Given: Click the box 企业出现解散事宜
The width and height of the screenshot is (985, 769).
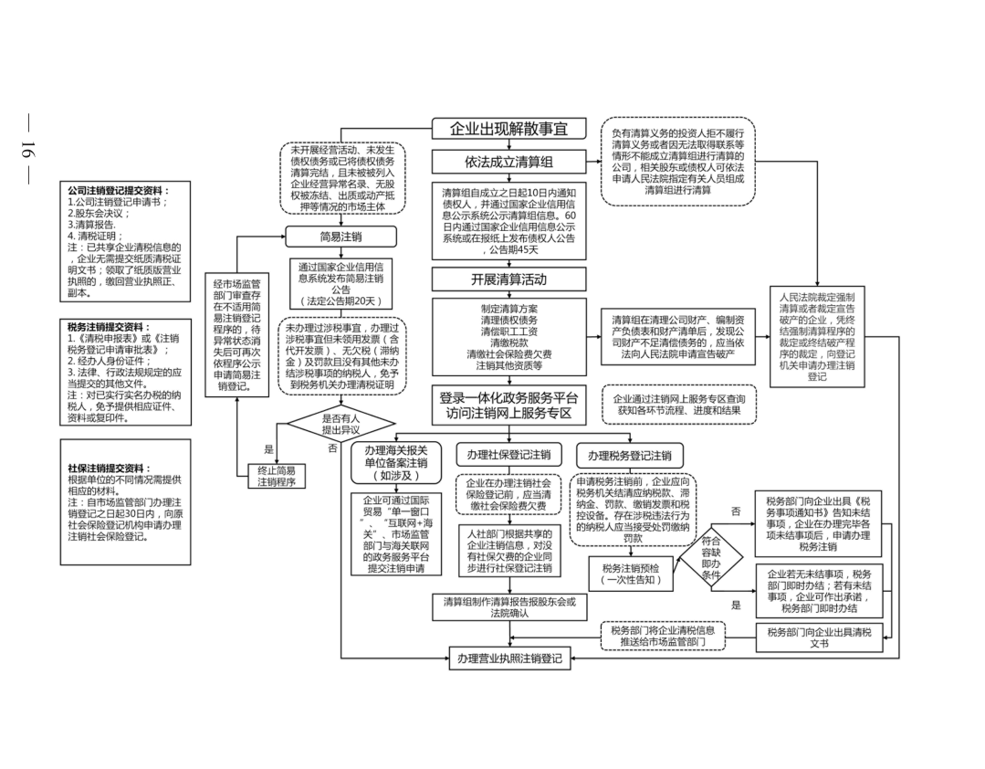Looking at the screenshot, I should tap(508, 130).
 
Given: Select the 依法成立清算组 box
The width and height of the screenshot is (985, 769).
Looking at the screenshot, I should tap(508, 162).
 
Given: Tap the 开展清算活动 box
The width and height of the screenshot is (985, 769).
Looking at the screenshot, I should tap(508, 279).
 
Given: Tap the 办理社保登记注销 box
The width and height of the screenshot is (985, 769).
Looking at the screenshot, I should tap(508, 455).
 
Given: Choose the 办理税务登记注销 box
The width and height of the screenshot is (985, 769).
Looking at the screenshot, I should tap(629, 456).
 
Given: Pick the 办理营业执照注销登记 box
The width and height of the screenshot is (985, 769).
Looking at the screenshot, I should tap(508, 658).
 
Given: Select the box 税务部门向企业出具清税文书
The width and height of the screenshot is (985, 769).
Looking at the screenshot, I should tap(819, 637).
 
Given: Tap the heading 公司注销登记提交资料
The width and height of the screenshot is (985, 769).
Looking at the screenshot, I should tap(118, 190).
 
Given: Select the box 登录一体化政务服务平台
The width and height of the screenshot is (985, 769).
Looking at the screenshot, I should tap(508, 405).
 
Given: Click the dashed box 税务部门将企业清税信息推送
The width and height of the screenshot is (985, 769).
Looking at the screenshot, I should tap(663, 636).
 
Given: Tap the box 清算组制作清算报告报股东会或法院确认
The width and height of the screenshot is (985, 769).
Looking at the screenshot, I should tap(508, 607).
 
